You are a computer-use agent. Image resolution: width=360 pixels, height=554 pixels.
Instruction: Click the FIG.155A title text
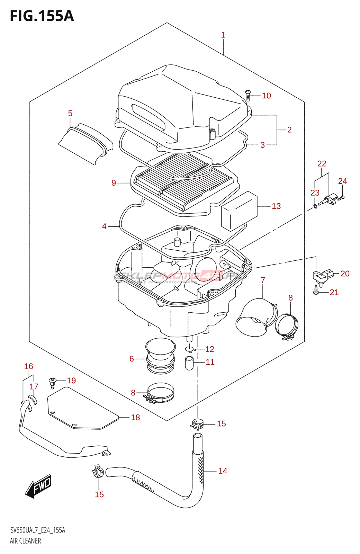[42, 16]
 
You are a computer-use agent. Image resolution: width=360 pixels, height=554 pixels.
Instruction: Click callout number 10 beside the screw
[266, 96]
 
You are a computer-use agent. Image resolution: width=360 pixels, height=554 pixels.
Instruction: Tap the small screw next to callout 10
[248, 95]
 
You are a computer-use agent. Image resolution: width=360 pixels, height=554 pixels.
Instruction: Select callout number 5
[70, 114]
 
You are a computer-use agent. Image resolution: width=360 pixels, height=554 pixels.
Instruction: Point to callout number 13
[276, 206]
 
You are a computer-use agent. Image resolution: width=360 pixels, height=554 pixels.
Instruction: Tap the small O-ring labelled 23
[315, 206]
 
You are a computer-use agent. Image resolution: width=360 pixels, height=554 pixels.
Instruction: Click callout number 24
[342, 181]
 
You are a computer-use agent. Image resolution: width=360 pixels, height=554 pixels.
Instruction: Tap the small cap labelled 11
[189, 363]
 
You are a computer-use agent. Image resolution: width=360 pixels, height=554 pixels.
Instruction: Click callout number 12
[209, 349]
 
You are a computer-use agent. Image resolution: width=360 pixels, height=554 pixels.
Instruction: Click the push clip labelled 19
[52, 383]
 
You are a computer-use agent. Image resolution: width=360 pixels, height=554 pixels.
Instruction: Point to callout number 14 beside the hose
[223, 471]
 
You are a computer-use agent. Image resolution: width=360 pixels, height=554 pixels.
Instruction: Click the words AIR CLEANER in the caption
[25, 541]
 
